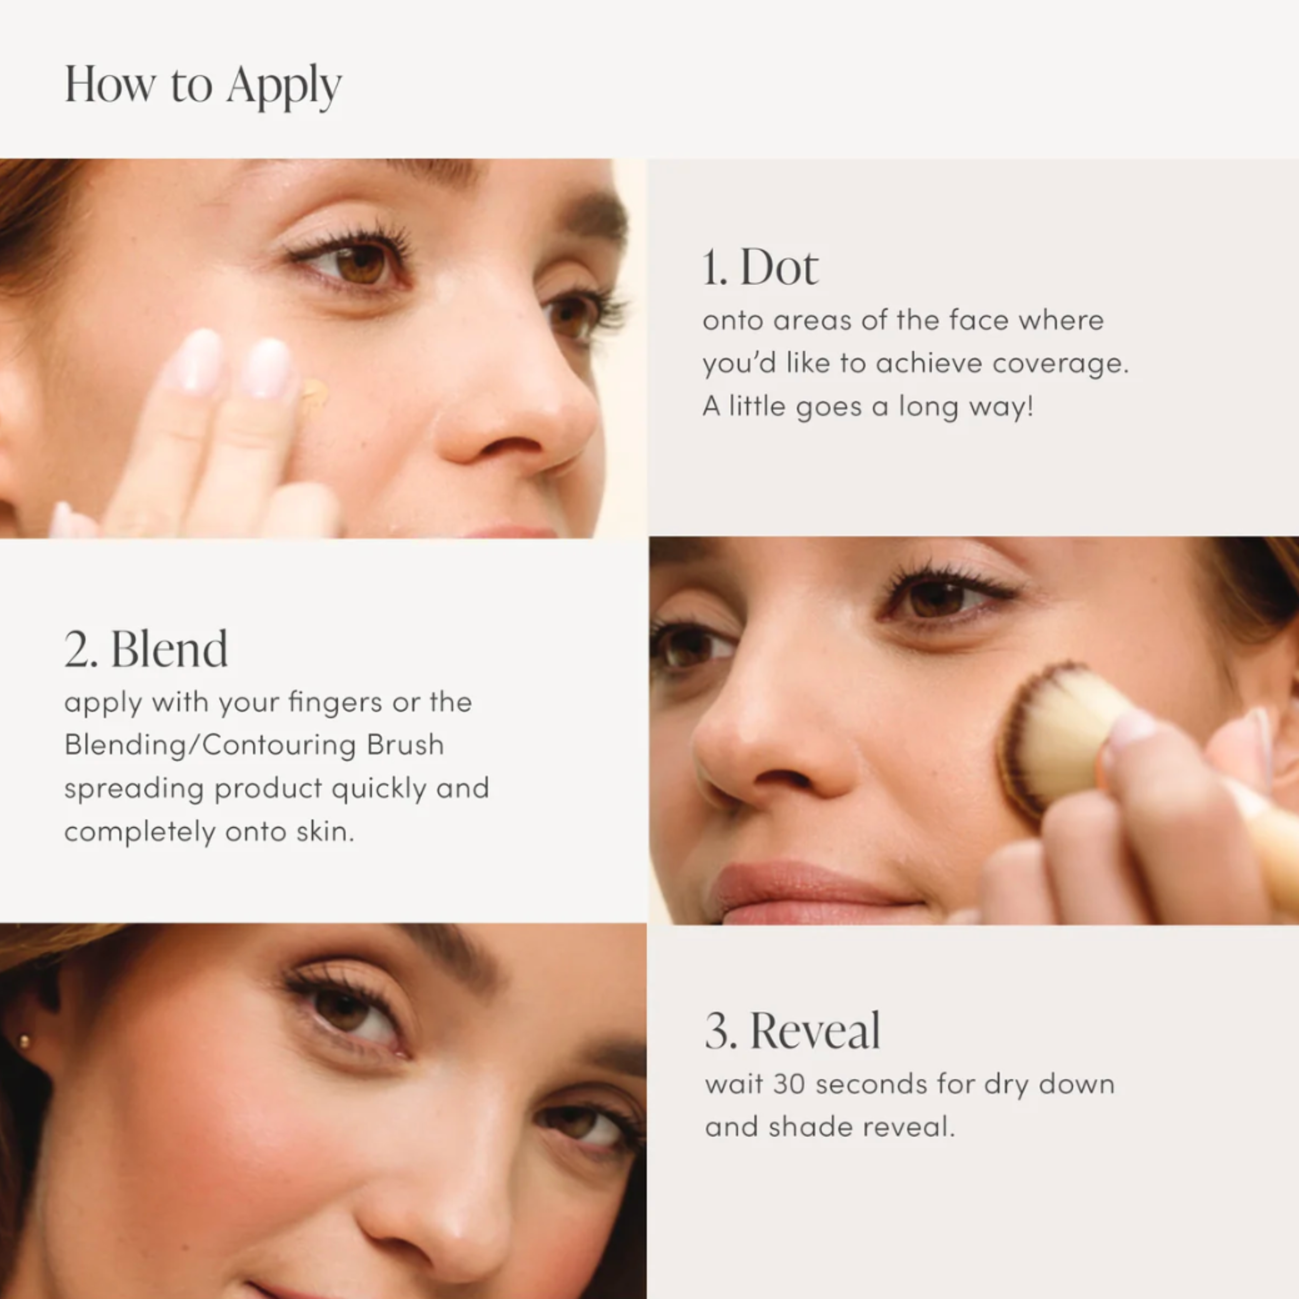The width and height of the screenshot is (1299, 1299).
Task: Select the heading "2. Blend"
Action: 146,650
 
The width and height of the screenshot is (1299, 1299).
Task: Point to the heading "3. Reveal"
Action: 792,1032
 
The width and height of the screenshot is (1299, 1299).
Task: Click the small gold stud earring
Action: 25,1042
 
